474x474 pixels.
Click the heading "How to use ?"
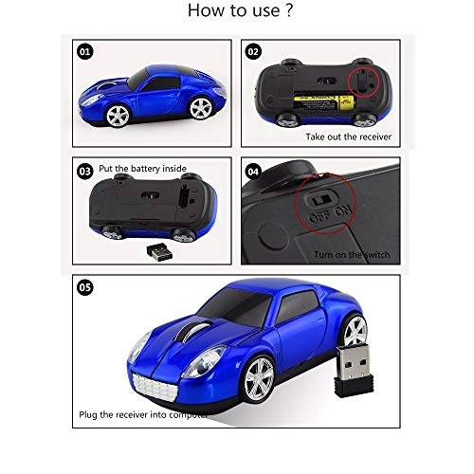coord(237,12)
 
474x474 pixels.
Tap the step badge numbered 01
coord(86,51)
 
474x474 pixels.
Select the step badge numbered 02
coord(254,51)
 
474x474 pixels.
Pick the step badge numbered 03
coord(86,172)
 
